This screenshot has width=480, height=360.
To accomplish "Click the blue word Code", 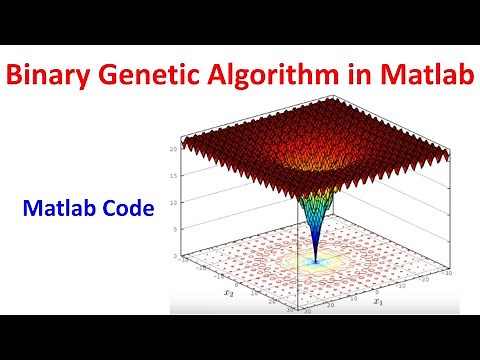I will coord(127,209).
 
